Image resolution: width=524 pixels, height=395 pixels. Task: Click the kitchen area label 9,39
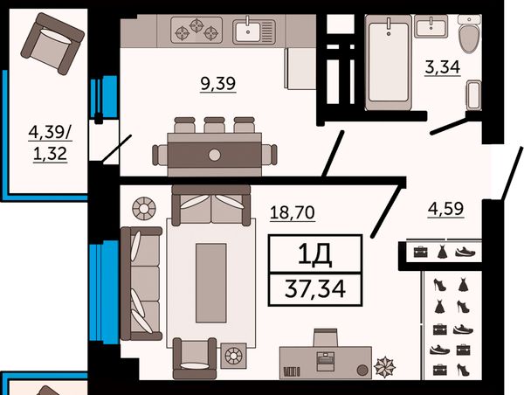click(x=218, y=83)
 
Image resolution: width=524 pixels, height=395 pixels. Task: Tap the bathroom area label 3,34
click(x=443, y=67)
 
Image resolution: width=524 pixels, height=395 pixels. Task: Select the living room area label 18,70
click(x=293, y=212)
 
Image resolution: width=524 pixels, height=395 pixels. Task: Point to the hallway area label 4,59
click(x=445, y=208)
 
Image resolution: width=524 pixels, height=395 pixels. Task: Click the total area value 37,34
click(x=315, y=288)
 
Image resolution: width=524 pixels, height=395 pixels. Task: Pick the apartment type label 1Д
click(x=314, y=253)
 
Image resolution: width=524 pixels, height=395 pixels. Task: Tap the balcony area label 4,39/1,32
click(x=50, y=142)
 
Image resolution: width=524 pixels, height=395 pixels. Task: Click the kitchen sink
click(x=255, y=31)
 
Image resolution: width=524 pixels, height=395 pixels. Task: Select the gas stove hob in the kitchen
click(x=196, y=30)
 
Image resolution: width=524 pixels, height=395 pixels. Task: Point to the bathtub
click(x=389, y=62)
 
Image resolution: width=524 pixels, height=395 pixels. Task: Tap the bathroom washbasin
click(x=431, y=26)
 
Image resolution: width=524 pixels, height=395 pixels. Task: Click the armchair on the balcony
click(x=52, y=44)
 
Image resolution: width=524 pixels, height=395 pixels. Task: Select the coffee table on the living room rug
click(x=210, y=283)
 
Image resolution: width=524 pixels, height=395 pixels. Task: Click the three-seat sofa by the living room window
click(x=141, y=283)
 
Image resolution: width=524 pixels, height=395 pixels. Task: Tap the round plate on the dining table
click(x=214, y=155)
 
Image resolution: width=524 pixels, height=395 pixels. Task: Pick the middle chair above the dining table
click(x=214, y=125)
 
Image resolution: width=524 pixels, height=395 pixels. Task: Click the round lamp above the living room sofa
click(x=144, y=208)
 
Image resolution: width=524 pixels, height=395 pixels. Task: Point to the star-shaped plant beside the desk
click(x=384, y=367)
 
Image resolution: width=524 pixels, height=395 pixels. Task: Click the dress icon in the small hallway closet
click(x=442, y=252)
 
